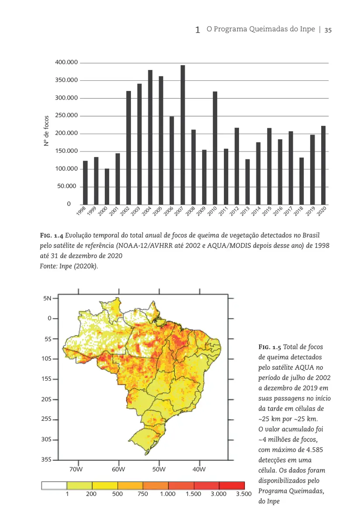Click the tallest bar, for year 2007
(183, 134)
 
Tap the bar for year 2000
(107, 186)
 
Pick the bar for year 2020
(323, 165)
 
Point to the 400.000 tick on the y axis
(66, 63)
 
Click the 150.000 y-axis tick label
(66, 151)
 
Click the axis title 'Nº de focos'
(46, 131)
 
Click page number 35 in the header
(328, 30)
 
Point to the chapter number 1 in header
(198, 30)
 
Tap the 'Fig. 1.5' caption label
(270, 347)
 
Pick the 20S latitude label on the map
(46, 399)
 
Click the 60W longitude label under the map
(118, 469)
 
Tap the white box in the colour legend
(54, 486)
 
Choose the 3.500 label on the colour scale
(243, 494)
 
